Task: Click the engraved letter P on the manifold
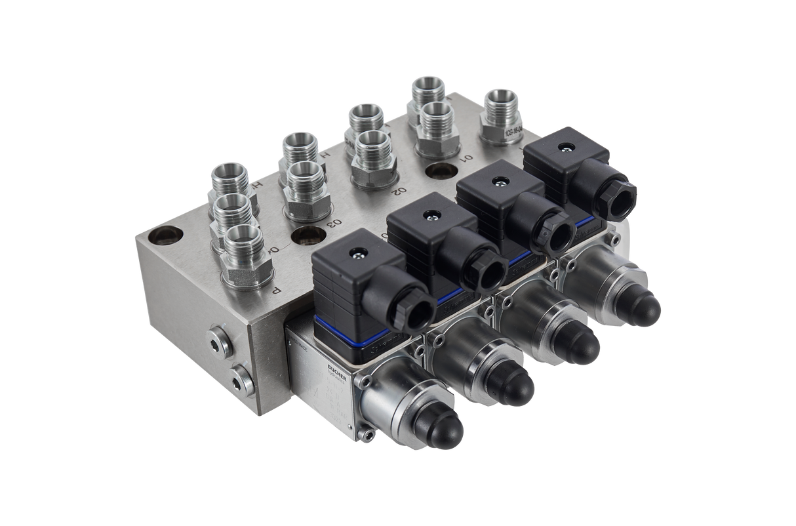(x=276, y=289)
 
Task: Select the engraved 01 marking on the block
(x=466, y=158)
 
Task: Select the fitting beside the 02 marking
(x=372, y=157)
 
